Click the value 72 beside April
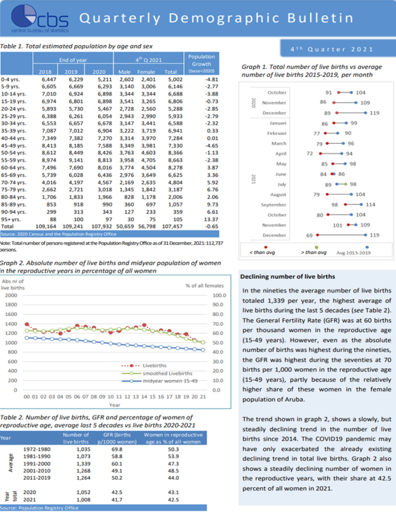(x=309, y=153)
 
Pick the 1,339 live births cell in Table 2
(x=77, y=463)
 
